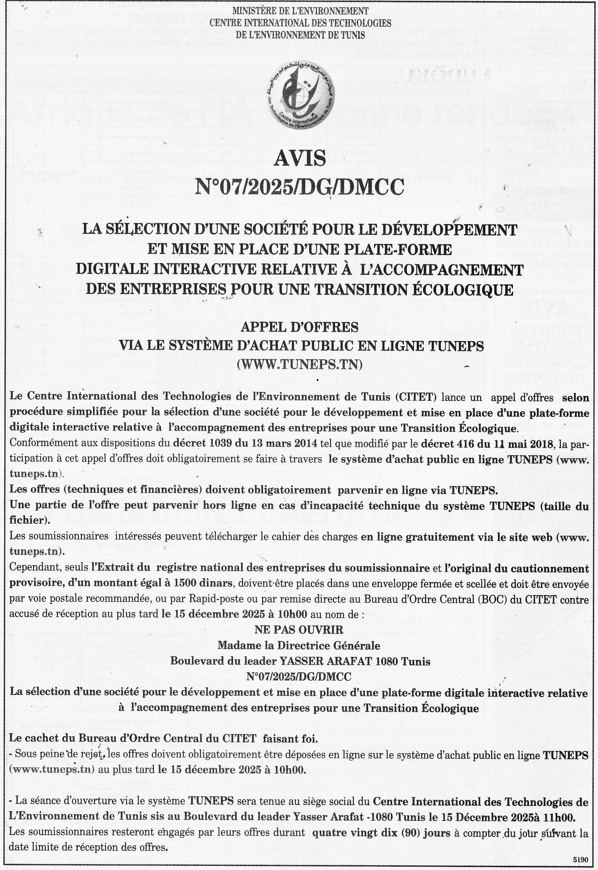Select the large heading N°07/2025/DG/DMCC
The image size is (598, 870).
(299, 187)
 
